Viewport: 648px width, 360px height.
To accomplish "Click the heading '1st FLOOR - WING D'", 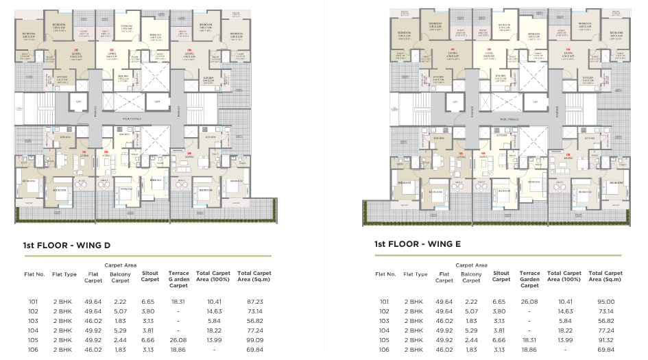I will click(67, 245).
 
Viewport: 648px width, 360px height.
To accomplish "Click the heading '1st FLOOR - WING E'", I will click(417, 245).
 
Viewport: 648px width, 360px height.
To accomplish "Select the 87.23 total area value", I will click(254, 301).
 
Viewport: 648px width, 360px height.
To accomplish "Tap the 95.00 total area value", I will click(605, 301).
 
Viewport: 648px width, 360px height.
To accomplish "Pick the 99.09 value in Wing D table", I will click(254, 339).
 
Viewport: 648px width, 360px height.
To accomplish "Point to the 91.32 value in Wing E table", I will click(605, 339).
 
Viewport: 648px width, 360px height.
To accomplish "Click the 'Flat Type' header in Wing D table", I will click(64, 274).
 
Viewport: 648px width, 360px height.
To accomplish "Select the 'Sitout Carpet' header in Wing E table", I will click(501, 277).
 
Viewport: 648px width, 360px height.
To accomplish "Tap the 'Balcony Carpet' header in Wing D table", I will click(121, 277).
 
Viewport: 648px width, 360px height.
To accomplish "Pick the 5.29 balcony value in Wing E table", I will click(471, 330).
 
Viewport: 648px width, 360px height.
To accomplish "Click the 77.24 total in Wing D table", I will click(254, 330).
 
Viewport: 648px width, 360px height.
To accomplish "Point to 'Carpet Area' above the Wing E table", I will click(471, 265).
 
